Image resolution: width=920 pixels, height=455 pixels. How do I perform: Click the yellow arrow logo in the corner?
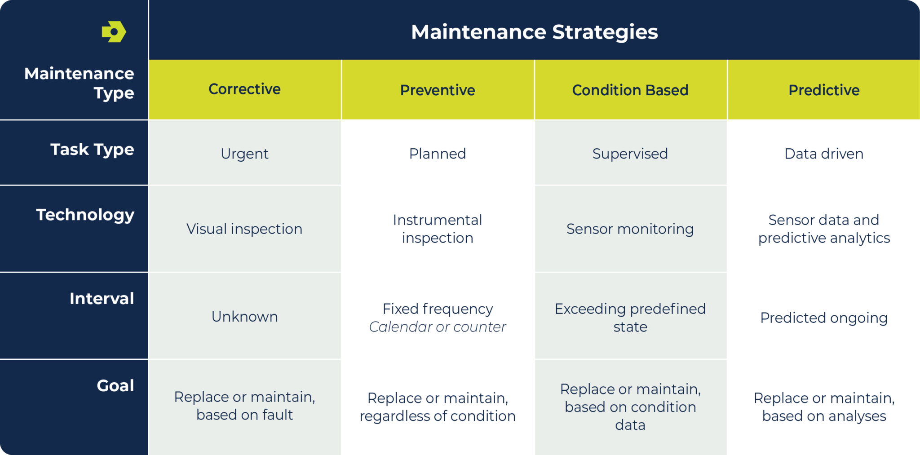(114, 32)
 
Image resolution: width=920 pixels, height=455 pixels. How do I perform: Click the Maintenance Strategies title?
(534, 32)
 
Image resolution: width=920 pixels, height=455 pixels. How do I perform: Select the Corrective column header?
(244, 89)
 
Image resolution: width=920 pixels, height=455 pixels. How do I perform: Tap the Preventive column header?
(438, 90)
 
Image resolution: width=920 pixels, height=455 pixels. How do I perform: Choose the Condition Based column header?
(630, 90)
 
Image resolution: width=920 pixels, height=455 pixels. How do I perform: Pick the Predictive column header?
(824, 90)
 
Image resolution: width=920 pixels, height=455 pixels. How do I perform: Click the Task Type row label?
(92, 150)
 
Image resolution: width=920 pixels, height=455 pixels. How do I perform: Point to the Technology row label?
(85, 215)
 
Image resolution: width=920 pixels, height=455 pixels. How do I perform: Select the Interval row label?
(102, 299)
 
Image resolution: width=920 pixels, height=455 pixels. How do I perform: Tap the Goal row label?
(115, 386)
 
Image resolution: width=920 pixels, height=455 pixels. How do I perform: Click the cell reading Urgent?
(244, 154)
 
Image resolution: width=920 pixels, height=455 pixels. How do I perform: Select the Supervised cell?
(630, 154)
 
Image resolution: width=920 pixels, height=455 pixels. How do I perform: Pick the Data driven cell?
(824, 154)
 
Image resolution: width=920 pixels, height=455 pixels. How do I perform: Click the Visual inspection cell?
(244, 229)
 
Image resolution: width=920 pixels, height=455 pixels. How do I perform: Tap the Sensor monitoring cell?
(630, 229)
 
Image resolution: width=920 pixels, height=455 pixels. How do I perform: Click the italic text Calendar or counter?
(438, 327)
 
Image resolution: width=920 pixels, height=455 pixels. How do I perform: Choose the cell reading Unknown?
(244, 317)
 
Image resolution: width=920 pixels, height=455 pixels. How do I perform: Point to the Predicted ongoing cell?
(824, 318)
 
